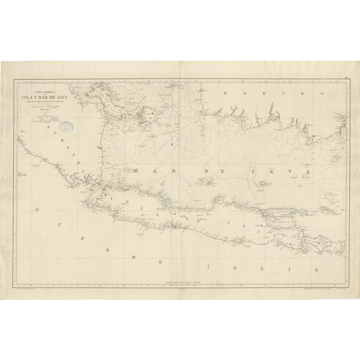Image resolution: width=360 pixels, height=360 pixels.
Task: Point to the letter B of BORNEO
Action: pos(225,92)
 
